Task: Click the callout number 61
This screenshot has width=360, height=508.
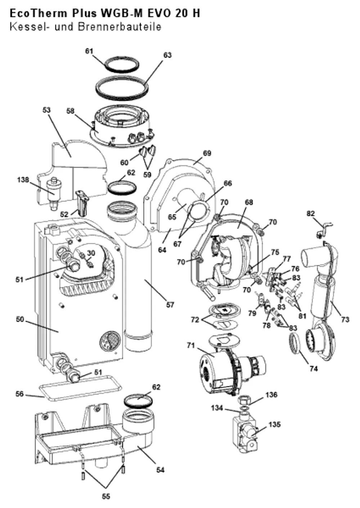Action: coord(89,51)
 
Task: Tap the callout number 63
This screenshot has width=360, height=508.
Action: coord(167,55)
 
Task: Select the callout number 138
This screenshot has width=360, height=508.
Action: coord(23,180)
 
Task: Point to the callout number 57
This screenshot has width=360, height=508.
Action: coord(170,305)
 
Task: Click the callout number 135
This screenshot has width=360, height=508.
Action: coord(274,424)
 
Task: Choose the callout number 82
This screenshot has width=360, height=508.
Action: coord(311,214)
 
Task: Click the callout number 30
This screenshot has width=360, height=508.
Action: coord(91,253)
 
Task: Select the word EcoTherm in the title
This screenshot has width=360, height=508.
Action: coord(39,14)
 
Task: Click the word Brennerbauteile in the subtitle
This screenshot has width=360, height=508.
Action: coord(120,27)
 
